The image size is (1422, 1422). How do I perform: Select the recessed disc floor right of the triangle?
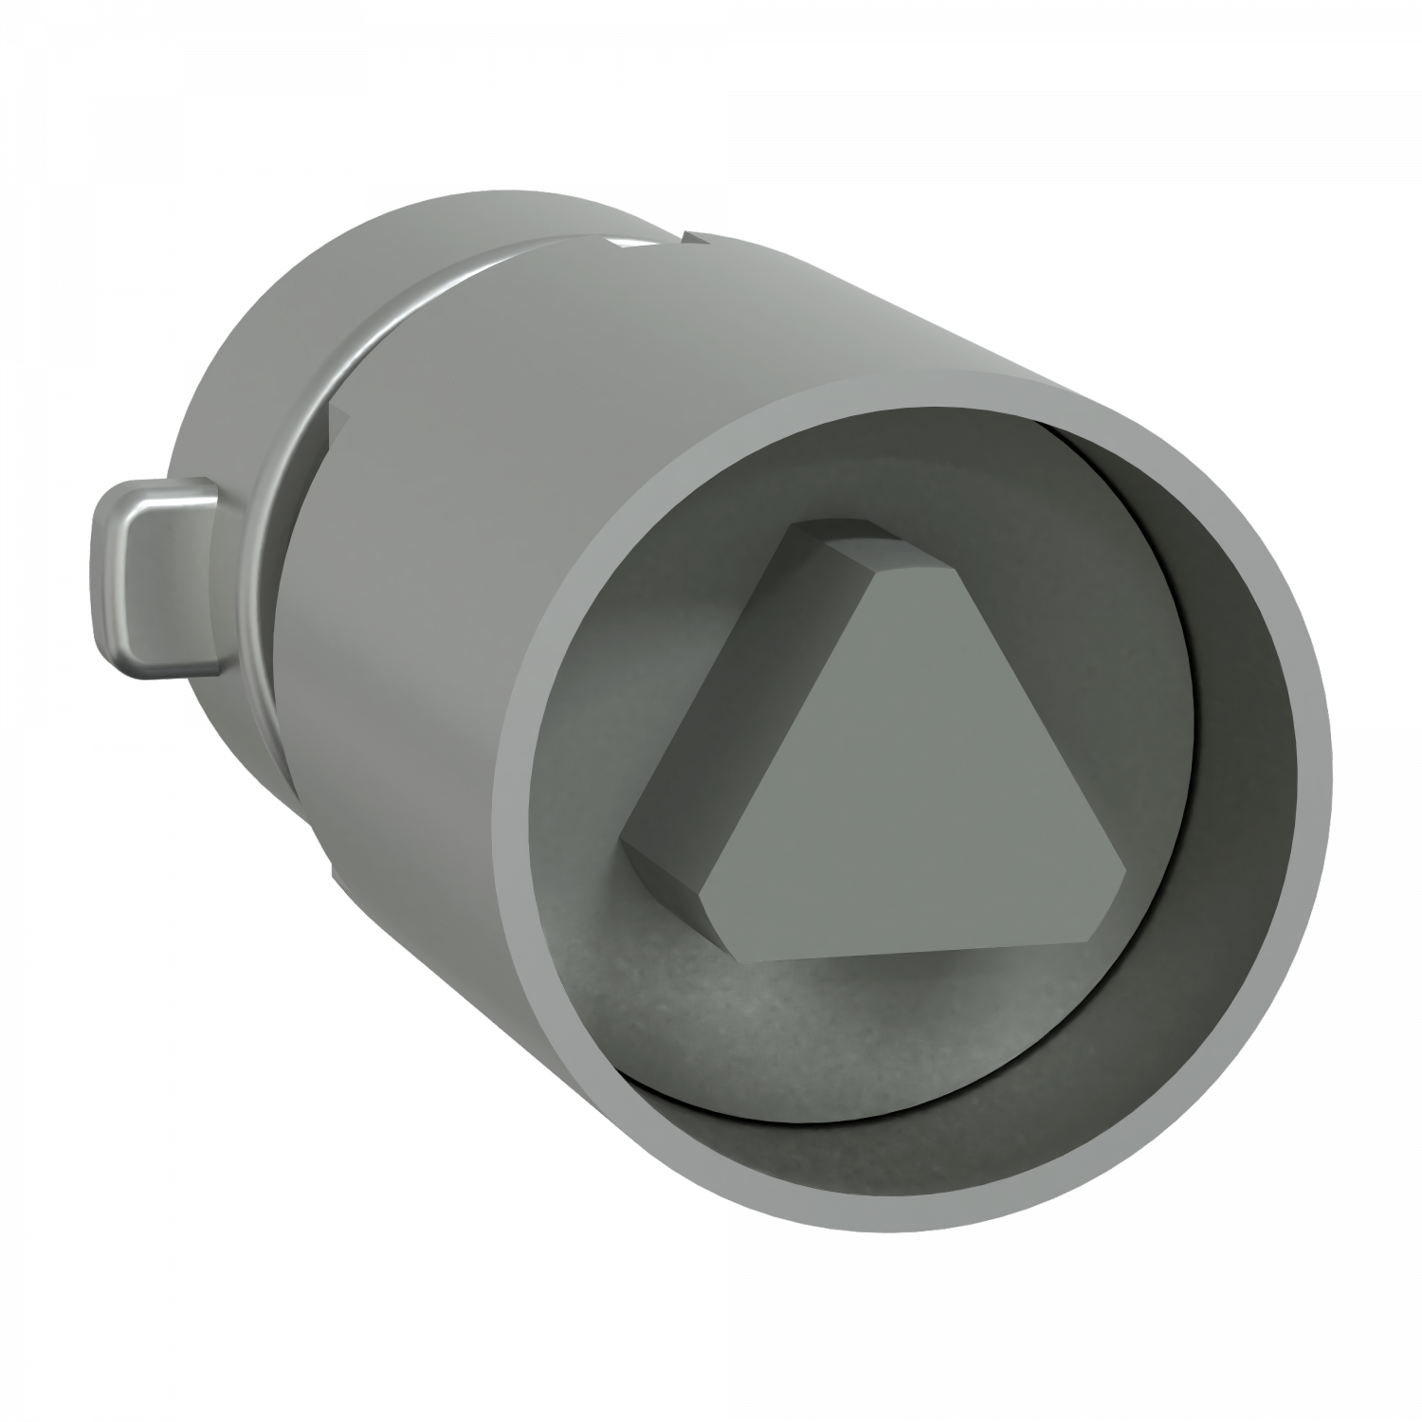pyautogui.click(x=1138, y=664)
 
